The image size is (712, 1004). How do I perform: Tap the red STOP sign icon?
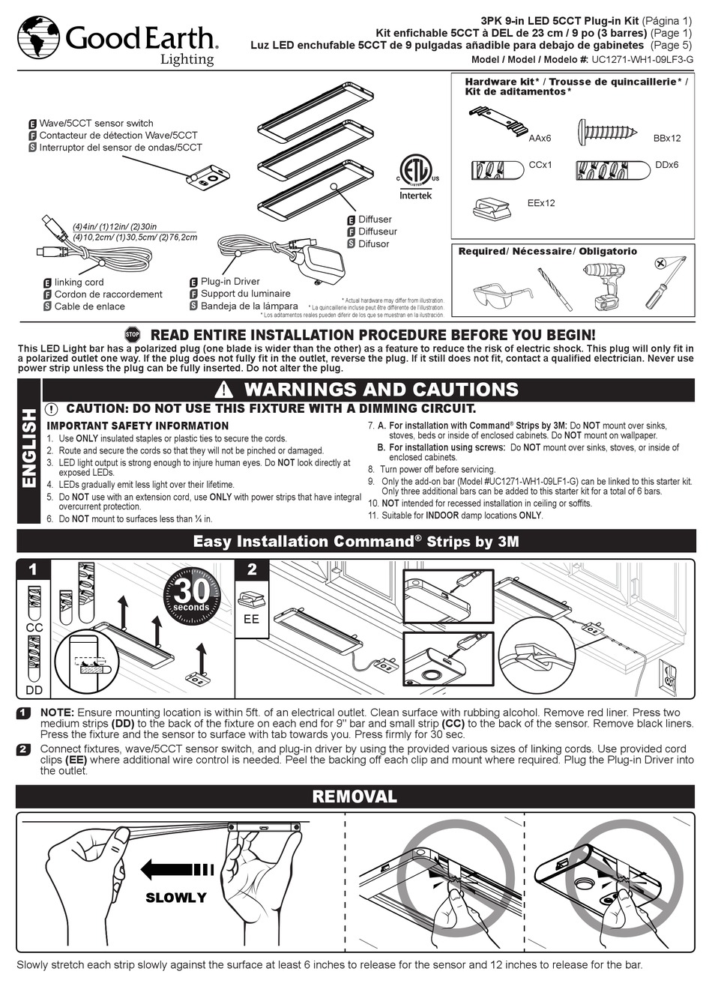(133, 335)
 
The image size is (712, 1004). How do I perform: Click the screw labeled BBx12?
(608, 133)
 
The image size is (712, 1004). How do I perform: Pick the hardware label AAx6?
(540, 139)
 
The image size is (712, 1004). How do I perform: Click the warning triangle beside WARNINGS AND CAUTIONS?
(224, 390)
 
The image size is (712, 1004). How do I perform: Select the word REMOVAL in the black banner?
(355, 796)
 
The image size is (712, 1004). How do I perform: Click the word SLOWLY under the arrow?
(175, 898)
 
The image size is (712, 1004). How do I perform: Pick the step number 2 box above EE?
(252, 570)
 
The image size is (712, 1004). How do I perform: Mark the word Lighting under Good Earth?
(187, 59)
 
